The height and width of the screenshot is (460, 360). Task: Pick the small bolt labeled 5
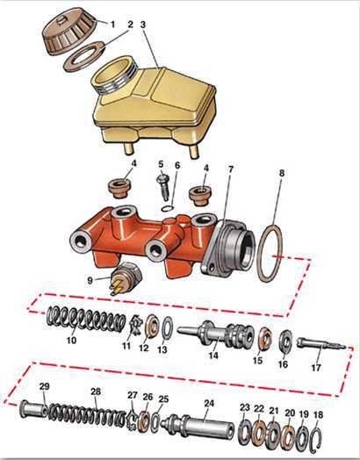(163, 188)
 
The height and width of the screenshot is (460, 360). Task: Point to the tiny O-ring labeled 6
(168, 208)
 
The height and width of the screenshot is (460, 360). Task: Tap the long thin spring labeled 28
(88, 413)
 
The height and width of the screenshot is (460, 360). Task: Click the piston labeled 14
(216, 334)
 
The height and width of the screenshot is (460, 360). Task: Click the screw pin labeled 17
(321, 344)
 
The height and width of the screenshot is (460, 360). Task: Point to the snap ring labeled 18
(315, 440)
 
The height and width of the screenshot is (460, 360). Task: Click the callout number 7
(231, 169)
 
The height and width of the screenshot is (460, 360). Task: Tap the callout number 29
(44, 386)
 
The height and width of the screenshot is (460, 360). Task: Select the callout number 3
(143, 25)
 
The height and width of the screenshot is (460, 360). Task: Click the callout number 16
(283, 364)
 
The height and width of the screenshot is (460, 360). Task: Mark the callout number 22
(259, 409)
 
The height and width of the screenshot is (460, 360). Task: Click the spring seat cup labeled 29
(32, 409)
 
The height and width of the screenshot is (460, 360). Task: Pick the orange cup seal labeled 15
(265, 340)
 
